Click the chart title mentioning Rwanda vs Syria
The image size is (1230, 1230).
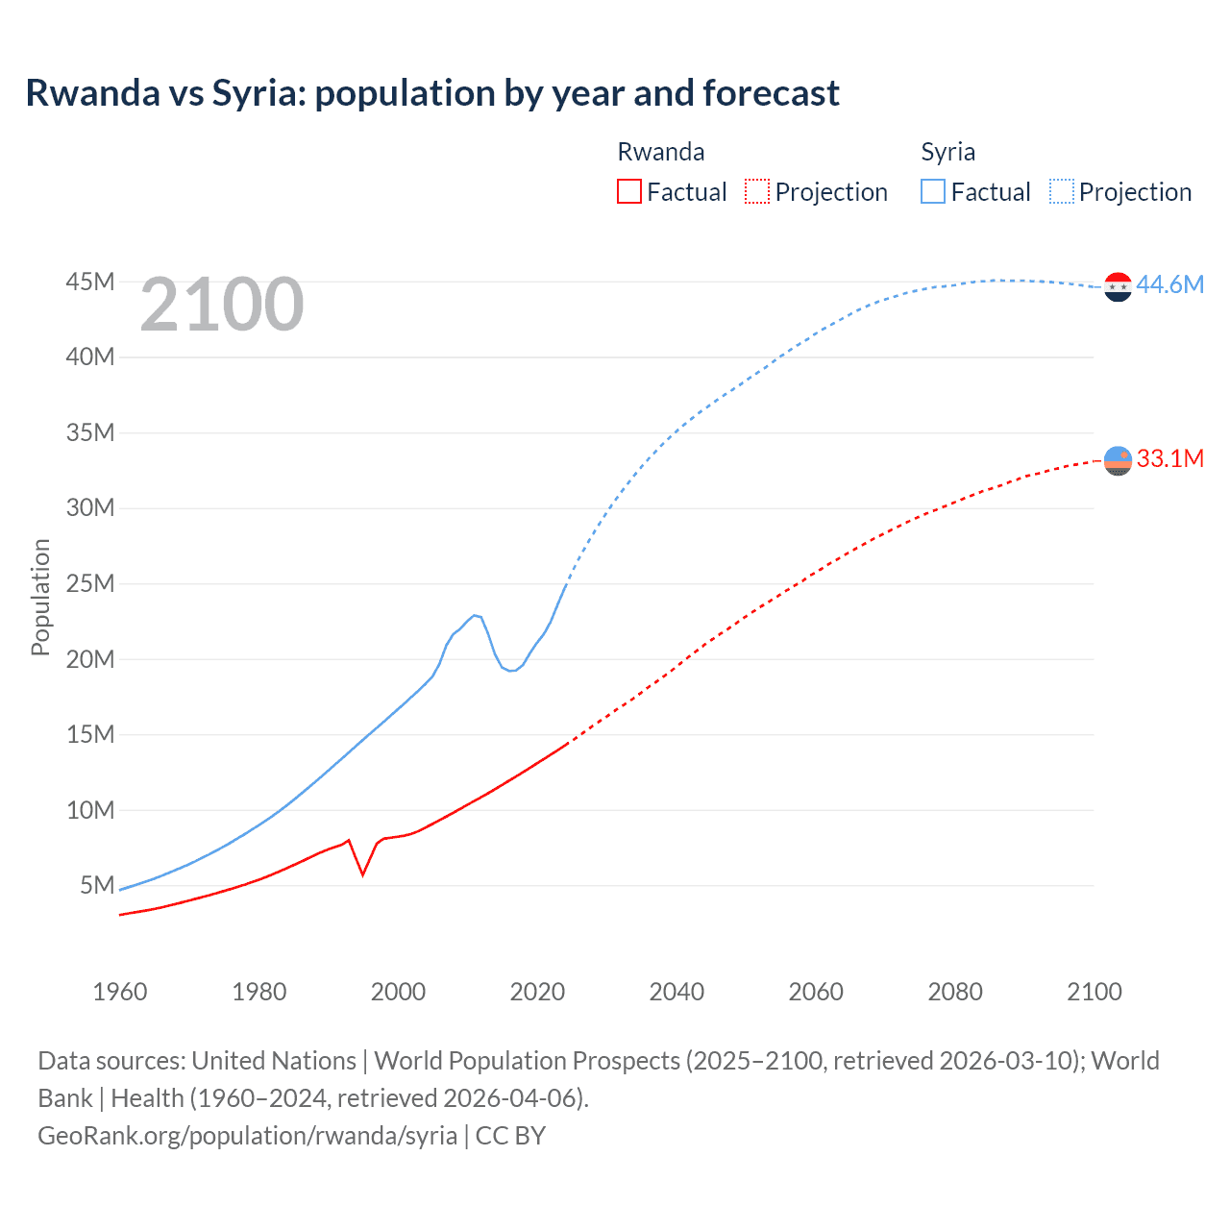432,93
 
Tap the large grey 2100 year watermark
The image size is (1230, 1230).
222,305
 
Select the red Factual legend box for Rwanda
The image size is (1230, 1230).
628,191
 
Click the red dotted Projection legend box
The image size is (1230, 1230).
757,191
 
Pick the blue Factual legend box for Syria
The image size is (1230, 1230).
932,191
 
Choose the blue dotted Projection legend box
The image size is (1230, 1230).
1062,191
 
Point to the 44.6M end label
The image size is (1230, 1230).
1169,284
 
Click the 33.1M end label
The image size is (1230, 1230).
1169,458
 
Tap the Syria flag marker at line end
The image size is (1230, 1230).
1118,286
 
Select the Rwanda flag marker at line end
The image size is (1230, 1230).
1118,461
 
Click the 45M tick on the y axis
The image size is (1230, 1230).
90,282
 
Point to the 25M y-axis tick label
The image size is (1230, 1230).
90,583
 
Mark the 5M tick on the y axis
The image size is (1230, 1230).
97,885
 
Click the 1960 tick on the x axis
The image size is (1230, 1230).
120,992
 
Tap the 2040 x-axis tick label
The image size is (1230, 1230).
676,992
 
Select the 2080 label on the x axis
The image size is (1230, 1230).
955,992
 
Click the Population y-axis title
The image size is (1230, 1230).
40,597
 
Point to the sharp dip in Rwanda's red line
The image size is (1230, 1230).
362,873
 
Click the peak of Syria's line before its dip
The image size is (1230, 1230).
474,615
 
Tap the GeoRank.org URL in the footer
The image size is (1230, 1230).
248,1135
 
